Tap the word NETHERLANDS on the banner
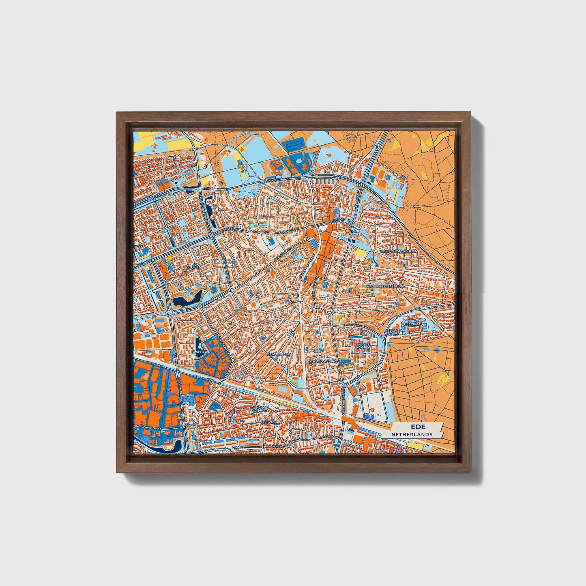click(x=412, y=434)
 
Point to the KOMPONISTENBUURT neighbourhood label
click(x=398, y=251)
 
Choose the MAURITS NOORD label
click(x=362, y=346)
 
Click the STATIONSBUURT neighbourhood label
click(x=322, y=361)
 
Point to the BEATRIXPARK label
click(x=278, y=354)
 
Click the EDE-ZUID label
click(x=268, y=422)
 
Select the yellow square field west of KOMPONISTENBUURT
click(x=360, y=253)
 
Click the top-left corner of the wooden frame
click(x=117, y=112)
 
